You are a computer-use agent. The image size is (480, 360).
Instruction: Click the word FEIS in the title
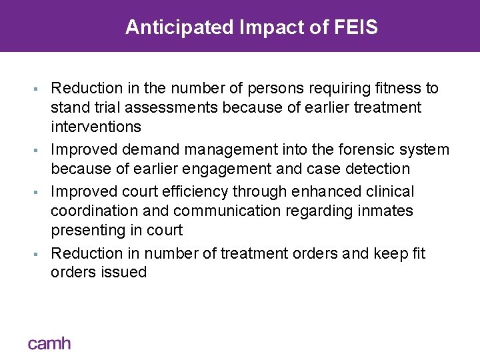[x=357, y=27]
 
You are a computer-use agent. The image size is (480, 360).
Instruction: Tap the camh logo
[x=49, y=343]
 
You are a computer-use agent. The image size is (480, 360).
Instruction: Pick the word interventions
[x=96, y=127]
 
